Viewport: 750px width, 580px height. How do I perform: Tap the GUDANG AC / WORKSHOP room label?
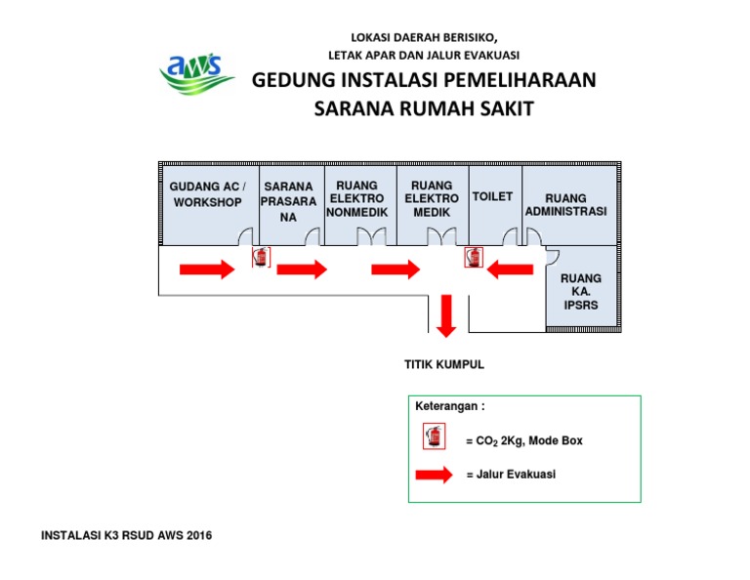pos(208,194)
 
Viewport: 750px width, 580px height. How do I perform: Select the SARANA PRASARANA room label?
pos(288,201)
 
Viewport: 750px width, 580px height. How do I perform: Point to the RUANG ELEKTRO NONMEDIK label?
pos(357,198)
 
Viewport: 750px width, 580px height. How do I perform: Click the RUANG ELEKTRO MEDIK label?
pos(432,198)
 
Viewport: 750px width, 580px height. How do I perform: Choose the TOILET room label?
pos(492,196)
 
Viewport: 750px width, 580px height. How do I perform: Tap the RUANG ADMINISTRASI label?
pos(565,205)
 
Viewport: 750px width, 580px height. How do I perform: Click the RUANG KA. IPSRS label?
pos(580,291)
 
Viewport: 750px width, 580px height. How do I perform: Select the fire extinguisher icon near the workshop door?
pos(260,257)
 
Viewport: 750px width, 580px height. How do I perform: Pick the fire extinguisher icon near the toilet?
pos(474,257)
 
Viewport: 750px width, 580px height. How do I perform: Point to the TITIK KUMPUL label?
pos(444,365)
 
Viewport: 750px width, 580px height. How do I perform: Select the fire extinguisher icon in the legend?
pos(435,436)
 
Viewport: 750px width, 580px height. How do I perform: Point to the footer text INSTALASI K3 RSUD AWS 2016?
pos(126,535)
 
